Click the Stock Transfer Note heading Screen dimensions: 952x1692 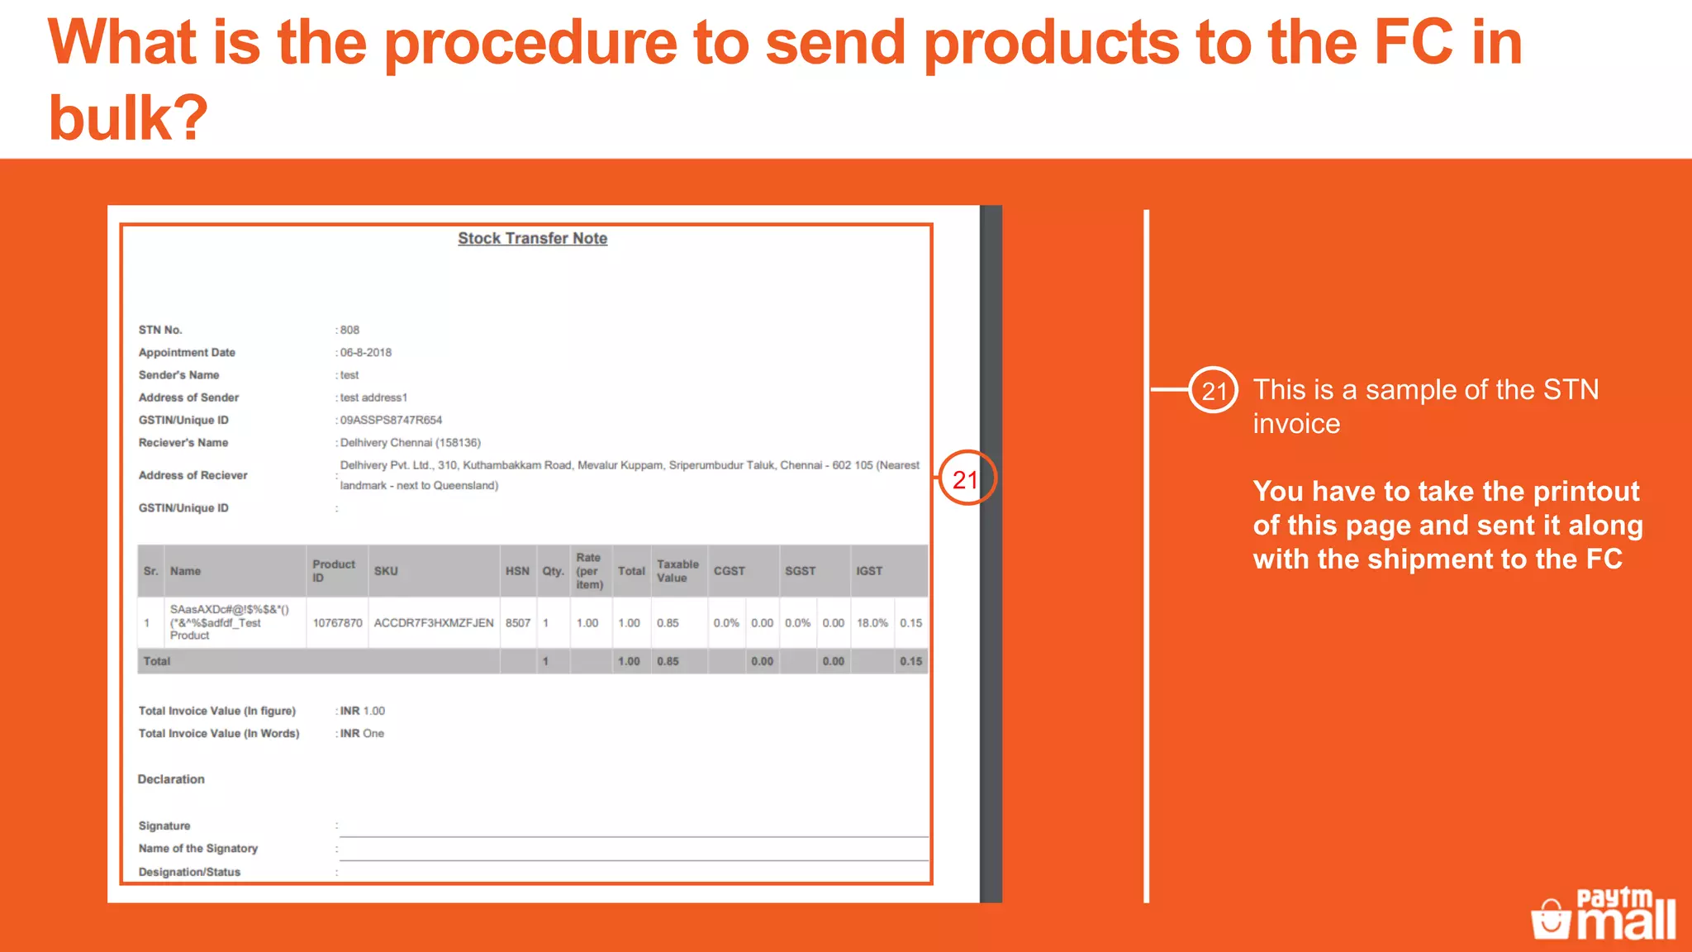point(532,238)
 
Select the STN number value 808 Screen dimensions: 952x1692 point(349,330)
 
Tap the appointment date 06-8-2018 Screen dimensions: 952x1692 point(366,352)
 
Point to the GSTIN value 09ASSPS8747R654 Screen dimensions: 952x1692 point(391,420)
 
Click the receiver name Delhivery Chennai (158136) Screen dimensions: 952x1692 point(411,443)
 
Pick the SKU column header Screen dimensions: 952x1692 point(386,571)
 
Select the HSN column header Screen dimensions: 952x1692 point(517,571)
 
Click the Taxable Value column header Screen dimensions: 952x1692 point(677,571)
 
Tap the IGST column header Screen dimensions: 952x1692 point(869,571)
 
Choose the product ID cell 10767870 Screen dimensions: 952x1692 point(337,623)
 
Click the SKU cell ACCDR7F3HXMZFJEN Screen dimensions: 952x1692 point(434,623)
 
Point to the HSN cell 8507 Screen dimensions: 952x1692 point(518,623)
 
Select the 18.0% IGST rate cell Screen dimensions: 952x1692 point(872,623)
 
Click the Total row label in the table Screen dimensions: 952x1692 point(157,661)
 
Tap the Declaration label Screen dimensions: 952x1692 point(171,779)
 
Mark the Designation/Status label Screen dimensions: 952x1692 point(189,872)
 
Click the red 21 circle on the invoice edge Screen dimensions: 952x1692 point(966,479)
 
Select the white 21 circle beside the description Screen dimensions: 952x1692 point(1213,390)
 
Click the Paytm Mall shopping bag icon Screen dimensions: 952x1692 point(1550,919)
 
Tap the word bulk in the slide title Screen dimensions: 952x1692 point(127,117)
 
